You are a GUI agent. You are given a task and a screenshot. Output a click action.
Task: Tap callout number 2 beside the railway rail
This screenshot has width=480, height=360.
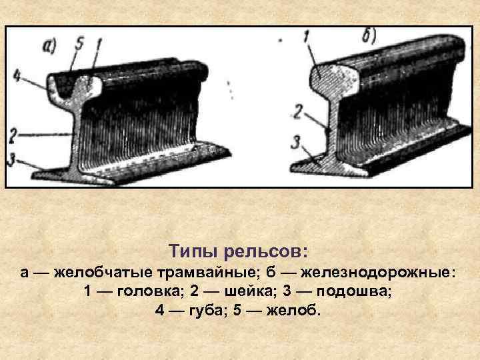click(299, 111)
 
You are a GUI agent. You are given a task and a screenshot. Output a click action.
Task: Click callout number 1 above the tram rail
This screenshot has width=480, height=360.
click(99, 45)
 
